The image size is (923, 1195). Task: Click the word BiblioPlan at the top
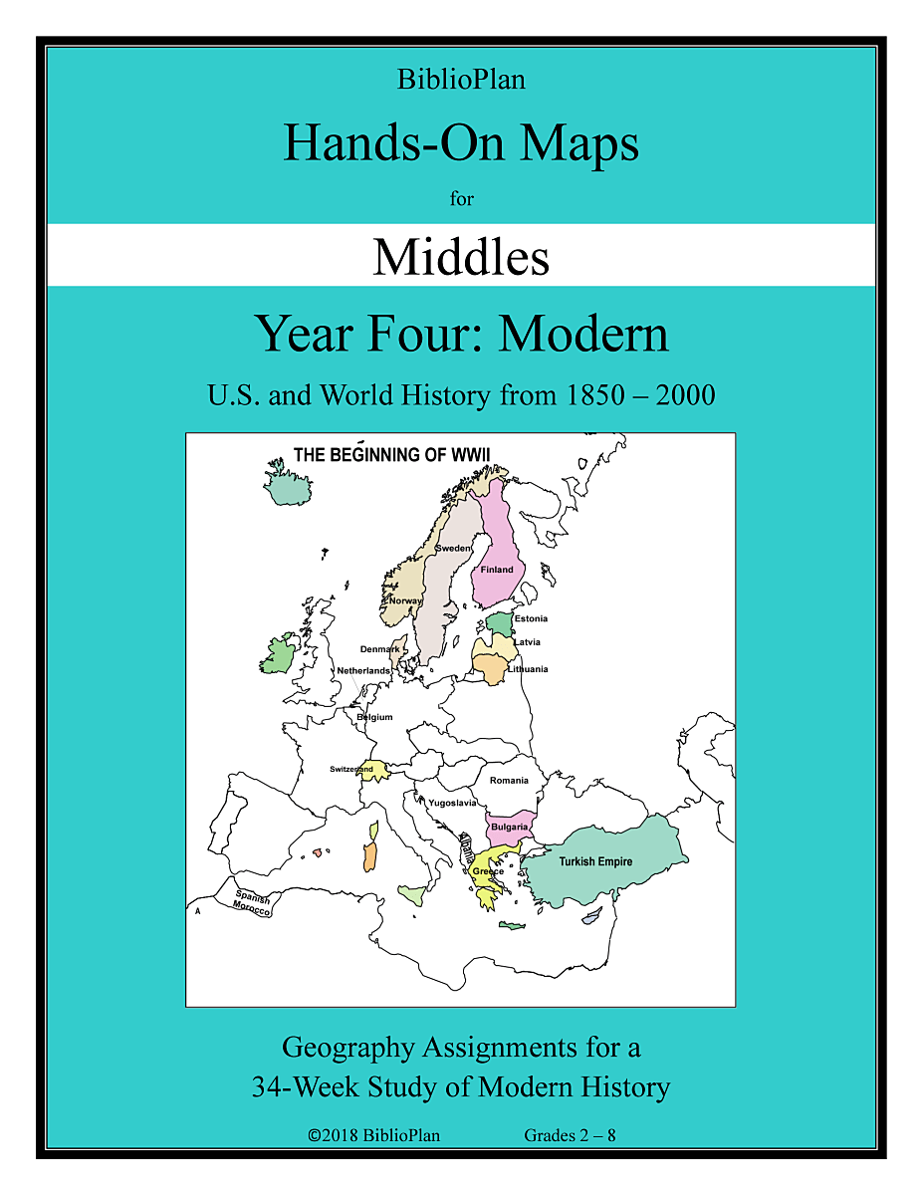click(x=461, y=81)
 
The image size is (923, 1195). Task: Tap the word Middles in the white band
click(x=461, y=257)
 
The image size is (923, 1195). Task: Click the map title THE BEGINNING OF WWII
click(x=391, y=455)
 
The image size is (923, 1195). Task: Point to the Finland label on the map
click(x=497, y=570)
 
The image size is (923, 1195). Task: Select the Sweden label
click(x=453, y=549)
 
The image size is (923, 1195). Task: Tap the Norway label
click(x=405, y=600)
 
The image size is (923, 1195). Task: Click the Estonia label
click(x=531, y=618)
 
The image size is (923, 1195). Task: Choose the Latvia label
click(x=528, y=642)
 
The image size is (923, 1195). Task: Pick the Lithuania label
click(x=528, y=669)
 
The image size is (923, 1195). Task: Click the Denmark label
click(x=379, y=649)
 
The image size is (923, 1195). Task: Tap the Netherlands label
click(x=363, y=671)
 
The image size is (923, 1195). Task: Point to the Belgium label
click(x=374, y=717)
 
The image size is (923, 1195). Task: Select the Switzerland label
click(x=351, y=769)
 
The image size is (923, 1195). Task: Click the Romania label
click(x=509, y=781)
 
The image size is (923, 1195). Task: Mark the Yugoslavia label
click(x=452, y=803)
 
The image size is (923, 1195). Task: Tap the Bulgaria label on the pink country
click(x=509, y=828)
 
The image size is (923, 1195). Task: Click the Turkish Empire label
click(x=595, y=861)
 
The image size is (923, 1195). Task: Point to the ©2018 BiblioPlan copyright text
click(x=374, y=1135)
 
